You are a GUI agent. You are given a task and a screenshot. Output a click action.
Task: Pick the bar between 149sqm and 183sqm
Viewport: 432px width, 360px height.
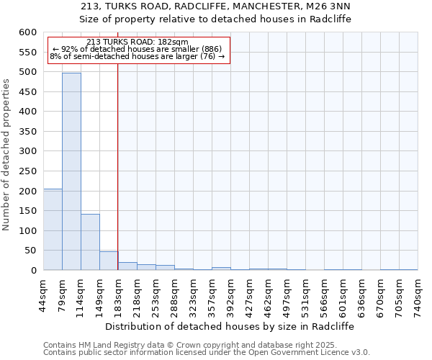tap(109, 261)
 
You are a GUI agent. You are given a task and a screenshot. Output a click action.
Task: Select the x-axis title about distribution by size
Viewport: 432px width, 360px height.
tap(235, 326)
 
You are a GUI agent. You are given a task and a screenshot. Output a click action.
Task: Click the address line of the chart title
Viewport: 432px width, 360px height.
tap(215, 6)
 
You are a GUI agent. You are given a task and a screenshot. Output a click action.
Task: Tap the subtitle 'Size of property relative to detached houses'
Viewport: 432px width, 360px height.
tap(215, 19)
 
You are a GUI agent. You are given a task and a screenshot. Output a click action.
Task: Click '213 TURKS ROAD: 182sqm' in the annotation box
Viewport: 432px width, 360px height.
tap(137, 42)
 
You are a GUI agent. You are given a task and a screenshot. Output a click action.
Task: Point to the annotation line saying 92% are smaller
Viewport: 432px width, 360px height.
tap(137, 49)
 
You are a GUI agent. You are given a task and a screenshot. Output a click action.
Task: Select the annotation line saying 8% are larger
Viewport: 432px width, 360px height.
tap(137, 56)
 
